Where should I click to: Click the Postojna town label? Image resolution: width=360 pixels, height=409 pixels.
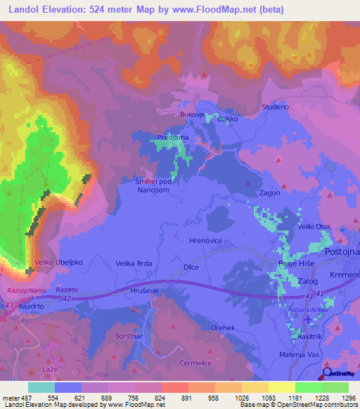341,251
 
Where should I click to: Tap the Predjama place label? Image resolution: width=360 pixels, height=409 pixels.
172,138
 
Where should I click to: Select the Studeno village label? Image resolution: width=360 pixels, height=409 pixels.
276,107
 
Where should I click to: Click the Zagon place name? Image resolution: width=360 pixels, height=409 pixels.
270,193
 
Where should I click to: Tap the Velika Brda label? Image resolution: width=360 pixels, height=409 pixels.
134,264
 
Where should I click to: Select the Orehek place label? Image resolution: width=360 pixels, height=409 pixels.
223,328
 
